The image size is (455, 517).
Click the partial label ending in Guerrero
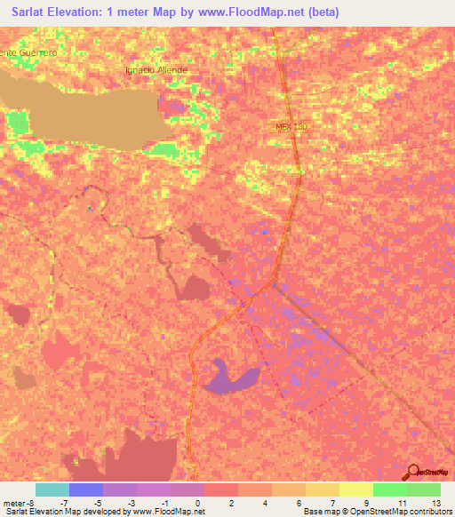[29, 52]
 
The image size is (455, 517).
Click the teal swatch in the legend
[52, 489]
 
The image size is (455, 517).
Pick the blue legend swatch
[85, 489]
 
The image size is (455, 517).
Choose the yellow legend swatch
[322, 489]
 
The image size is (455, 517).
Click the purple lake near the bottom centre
[234, 378]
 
